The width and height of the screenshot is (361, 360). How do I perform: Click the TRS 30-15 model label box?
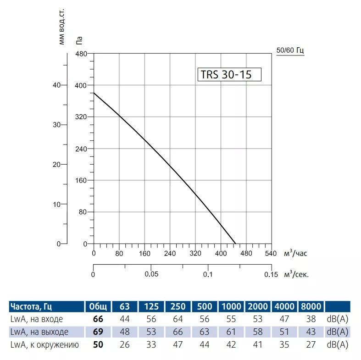coord(229,74)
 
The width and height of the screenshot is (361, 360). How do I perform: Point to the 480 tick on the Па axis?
coord(81,54)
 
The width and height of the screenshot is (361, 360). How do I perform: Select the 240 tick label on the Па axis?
coord(81,149)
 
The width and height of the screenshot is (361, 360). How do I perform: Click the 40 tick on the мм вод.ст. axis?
coord(56,85)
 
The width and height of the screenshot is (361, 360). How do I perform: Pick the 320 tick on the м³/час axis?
coord(195,253)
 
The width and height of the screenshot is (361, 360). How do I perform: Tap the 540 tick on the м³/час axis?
coord(271,253)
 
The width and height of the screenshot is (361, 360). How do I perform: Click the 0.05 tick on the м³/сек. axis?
coord(151,274)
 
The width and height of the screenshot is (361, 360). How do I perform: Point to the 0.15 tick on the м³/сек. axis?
coord(271,274)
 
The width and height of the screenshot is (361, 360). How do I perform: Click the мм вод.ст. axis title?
coord(62,28)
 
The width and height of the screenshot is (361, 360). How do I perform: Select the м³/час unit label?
coord(295,253)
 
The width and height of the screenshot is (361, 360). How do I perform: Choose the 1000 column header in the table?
coord(232,306)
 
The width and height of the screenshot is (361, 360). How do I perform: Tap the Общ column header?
coord(98,306)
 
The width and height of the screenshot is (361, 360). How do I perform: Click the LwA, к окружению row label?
coord(44,344)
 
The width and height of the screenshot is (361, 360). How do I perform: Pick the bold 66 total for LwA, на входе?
coord(98,319)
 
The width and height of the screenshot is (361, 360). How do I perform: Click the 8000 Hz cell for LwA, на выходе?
coord(311,332)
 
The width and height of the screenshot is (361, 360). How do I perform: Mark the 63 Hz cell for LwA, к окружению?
coord(124,344)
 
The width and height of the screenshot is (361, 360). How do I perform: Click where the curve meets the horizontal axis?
coord(235,244)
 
